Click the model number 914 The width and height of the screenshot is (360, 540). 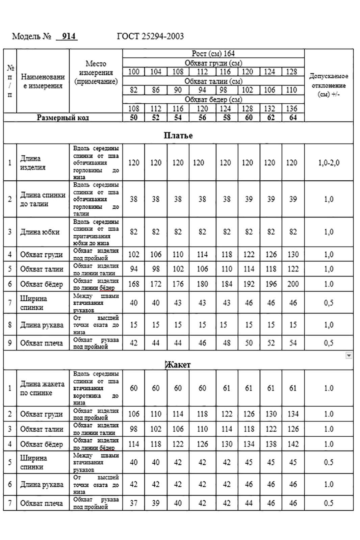pyautogui.click(x=69, y=36)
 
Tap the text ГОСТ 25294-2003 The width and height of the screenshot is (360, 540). pyautogui.click(x=150, y=36)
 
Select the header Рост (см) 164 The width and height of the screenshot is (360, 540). pyautogui.click(x=213, y=53)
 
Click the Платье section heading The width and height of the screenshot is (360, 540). pyautogui.click(x=178, y=135)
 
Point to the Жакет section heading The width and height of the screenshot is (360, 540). pyautogui.click(x=178, y=365)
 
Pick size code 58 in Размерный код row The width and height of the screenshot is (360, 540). pyautogui.click(x=227, y=118)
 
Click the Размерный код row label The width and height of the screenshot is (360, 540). pyautogui.click(x=63, y=118)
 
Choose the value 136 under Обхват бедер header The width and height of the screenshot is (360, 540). pyautogui.click(x=293, y=109)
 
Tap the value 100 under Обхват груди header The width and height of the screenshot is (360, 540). pyautogui.click(x=133, y=72)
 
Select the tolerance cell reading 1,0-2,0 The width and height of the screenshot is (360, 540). pyautogui.click(x=329, y=163)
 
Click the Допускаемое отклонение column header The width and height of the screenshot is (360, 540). pyautogui.click(x=329, y=85)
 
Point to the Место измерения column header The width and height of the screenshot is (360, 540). pyautogui.click(x=96, y=72)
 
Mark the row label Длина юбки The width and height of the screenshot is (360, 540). pyautogui.click(x=40, y=232)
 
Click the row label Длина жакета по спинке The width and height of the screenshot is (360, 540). pyautogui.click(x=42, y=388)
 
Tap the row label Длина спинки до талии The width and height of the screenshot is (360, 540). pyautogui.click(x=43, y=199)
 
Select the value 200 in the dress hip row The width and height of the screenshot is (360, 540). pyautogui.click(x=293, y=284)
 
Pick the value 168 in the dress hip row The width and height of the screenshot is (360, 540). pyautogui.click(x=133, y=284)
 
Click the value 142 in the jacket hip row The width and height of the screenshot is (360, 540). pyautogui.click(x=293, y=444)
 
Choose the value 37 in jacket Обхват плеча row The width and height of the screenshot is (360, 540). pyautogui.click(x=133, y=503)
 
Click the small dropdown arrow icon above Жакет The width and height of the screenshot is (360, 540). pyautogui.click(x=349, y=355)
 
